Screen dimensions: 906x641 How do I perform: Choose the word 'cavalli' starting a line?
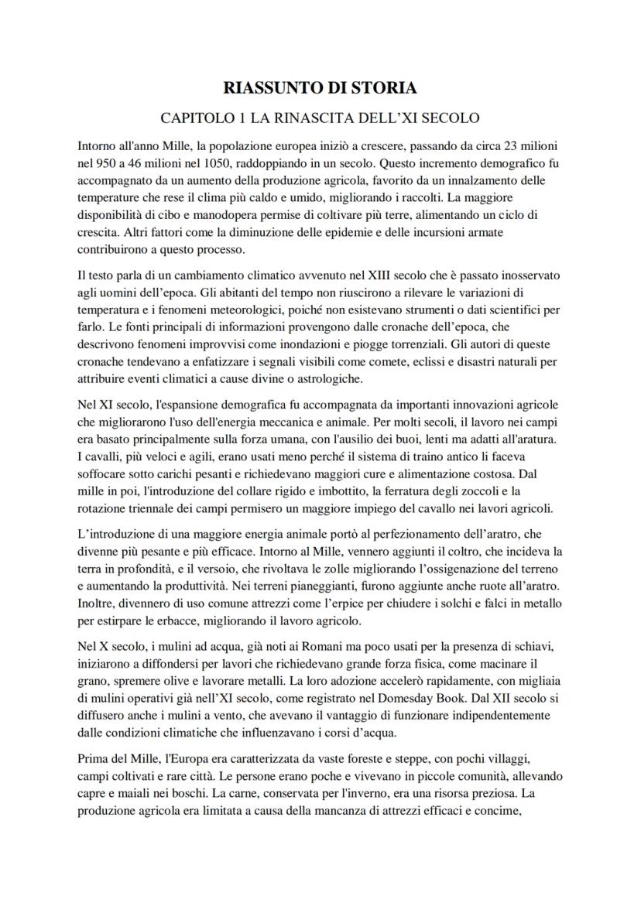point(104,457)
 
